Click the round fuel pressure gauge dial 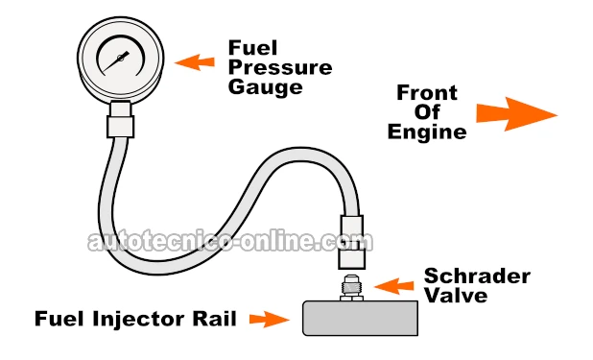125,60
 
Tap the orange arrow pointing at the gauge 197,62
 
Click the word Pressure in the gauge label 280,68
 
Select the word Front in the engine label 429,93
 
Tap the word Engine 427,132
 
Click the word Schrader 477,276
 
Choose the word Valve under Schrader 457,296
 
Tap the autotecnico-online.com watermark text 226,240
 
